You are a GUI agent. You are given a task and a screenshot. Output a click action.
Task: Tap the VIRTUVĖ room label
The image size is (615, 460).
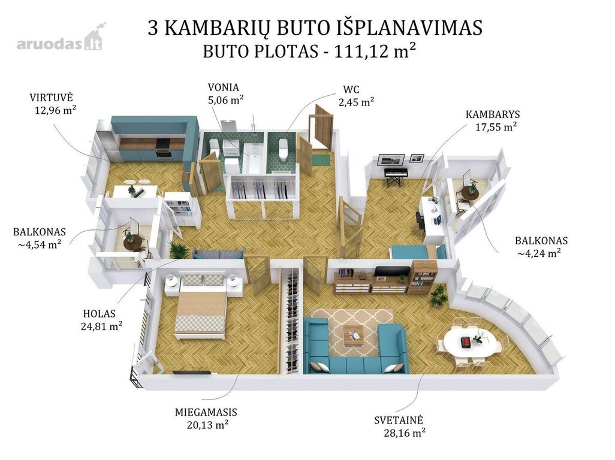coord(52,98)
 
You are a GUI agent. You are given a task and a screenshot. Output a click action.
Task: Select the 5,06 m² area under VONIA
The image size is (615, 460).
coord(225,99)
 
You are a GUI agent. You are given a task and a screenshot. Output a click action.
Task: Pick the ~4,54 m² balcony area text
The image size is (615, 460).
coord(39,244)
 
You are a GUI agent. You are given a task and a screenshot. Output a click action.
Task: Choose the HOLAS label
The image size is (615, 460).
coord(100,313)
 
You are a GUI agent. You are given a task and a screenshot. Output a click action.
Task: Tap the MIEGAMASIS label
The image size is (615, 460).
coord(206,412)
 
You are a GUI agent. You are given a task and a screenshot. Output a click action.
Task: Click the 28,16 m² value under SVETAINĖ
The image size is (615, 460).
coord(405,432)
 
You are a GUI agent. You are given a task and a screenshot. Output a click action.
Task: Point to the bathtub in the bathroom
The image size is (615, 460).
coord(251,158)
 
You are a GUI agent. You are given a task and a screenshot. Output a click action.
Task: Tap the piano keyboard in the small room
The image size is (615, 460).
coord(396,172)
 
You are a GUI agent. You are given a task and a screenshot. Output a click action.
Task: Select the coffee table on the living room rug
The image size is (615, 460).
coord(353,336)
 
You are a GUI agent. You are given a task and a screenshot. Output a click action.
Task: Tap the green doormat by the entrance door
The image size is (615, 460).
coord(321,160)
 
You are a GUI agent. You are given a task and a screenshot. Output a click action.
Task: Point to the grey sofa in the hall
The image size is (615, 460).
coord(218,253)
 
